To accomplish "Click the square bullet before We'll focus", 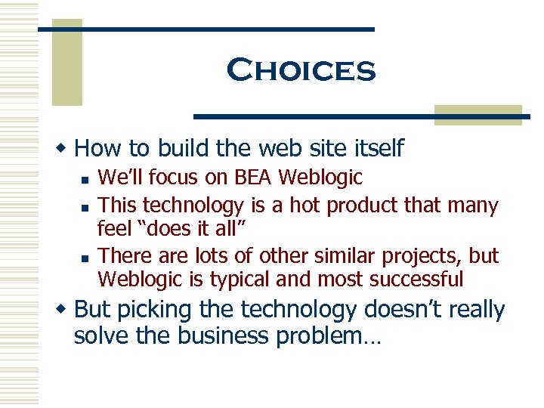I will point(87,180).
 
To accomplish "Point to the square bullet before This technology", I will point(87,206).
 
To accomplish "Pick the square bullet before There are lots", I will point(87,258).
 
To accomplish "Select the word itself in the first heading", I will point(378,147).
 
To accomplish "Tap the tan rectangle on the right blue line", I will point(477,114).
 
